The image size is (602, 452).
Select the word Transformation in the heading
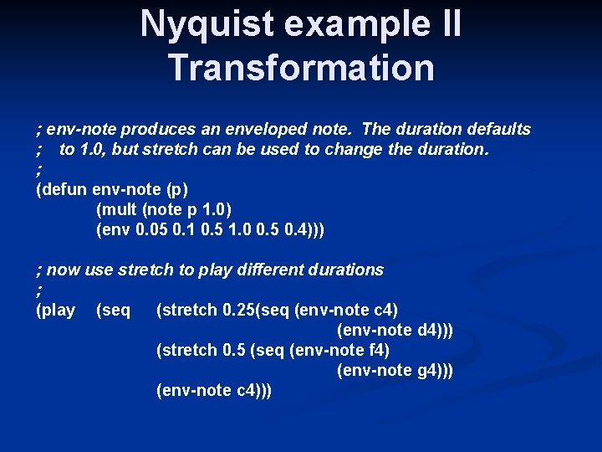pos(301,68)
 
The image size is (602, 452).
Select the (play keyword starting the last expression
pos(56,310)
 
